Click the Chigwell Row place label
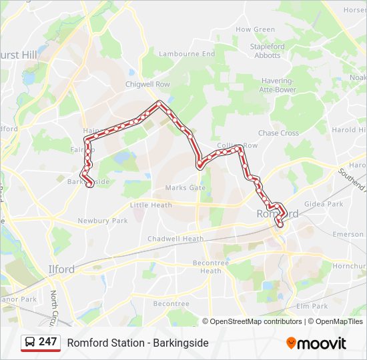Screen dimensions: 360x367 [147, 85]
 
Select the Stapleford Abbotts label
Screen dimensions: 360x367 [267, 51]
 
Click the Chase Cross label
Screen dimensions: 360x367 [278, 133]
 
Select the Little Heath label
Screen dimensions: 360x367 [151, 205]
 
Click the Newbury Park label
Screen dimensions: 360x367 [102, 221]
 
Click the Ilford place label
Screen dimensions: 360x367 [61, 269]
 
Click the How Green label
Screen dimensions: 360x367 [255, 29]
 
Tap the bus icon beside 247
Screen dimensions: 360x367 [30, 342]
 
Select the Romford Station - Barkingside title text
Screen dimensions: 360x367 [137, 343]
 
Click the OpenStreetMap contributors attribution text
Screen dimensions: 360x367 [256, 321]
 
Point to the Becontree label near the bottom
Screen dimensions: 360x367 [171, 303]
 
